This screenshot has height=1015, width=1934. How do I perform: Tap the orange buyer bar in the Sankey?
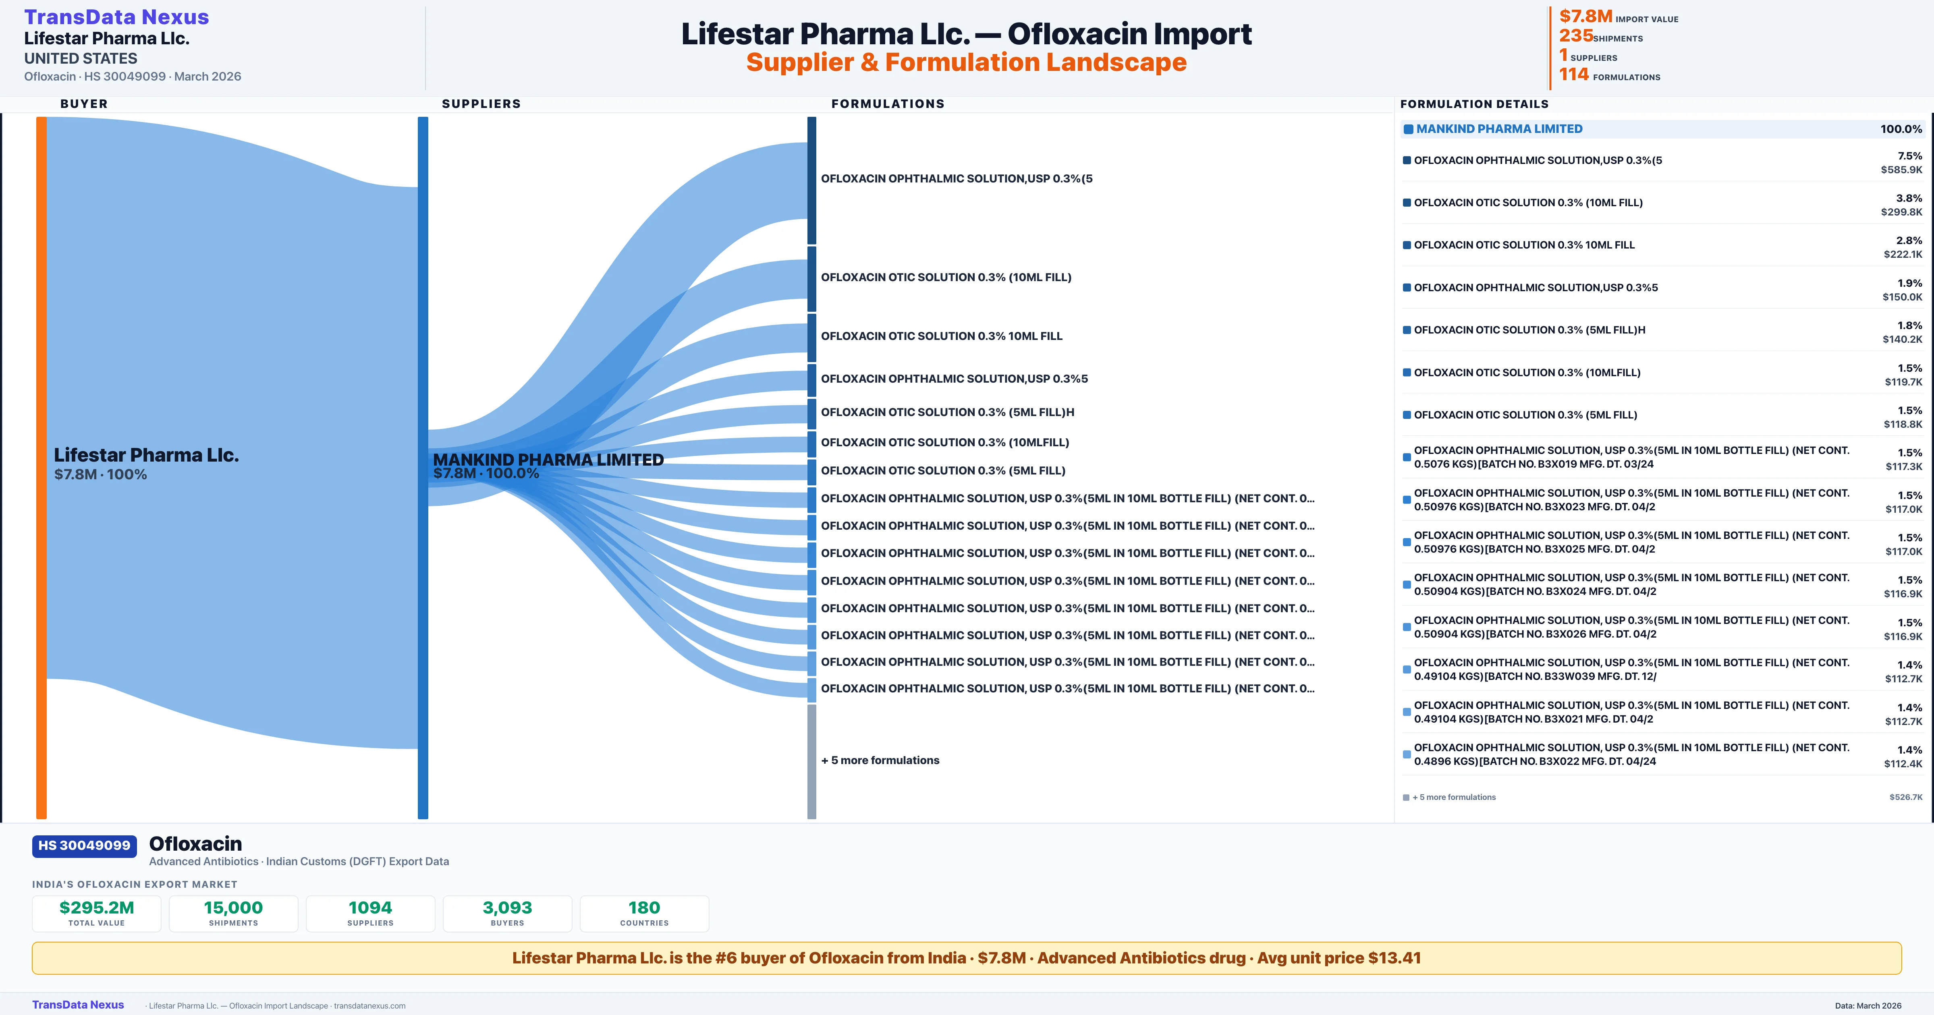[x=41, y=467]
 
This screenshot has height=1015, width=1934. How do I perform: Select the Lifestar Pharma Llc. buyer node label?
[x=146, y=455]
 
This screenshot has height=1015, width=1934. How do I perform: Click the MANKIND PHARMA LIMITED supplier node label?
[x=548, y=460]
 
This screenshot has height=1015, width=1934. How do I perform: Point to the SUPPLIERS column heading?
[x=481, y=104]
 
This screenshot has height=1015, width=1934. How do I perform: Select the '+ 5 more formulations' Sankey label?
[x=880, y=760]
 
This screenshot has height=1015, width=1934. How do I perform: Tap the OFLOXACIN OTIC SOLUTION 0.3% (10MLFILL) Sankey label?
[x=944, y=442]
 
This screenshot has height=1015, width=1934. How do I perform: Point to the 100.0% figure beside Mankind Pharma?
[x=1901, y=129]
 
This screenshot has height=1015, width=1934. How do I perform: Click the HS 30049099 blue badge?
[x=84, y=846]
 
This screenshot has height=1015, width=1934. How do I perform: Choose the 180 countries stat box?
[x=644, y=913]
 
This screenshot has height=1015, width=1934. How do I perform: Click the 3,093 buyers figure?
[x=508, y=907]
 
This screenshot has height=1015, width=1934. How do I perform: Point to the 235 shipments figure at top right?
[x=1576, y=35]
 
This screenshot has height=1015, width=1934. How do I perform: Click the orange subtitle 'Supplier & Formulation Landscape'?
[x=966, y=62]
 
